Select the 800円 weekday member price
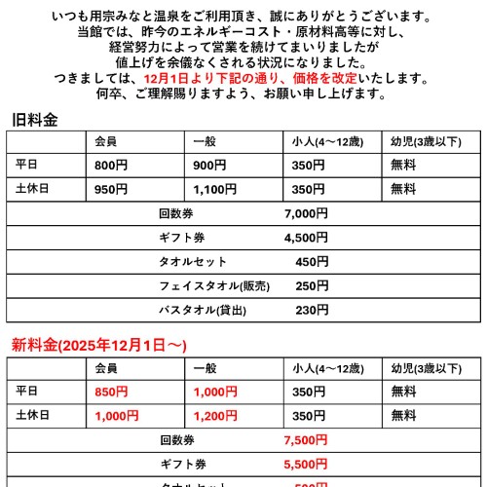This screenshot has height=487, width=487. click(111, 165)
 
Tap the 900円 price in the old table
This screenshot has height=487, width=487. click(209, 165)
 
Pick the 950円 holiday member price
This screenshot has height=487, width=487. click(111, 189)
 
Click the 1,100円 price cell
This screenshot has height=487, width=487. click(214, 189)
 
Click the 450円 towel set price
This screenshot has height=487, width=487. click(312, 262)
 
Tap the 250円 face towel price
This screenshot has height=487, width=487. click(312, 286)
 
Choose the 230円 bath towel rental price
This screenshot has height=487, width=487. click(312, 311)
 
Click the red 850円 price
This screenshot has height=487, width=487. click(111, 392)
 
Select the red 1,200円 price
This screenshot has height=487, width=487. click(214, 416)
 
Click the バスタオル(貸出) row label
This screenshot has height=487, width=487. click(203, 311)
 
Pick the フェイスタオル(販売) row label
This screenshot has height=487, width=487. click(213, 286)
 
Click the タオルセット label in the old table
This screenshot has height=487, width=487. click(193, 262)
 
